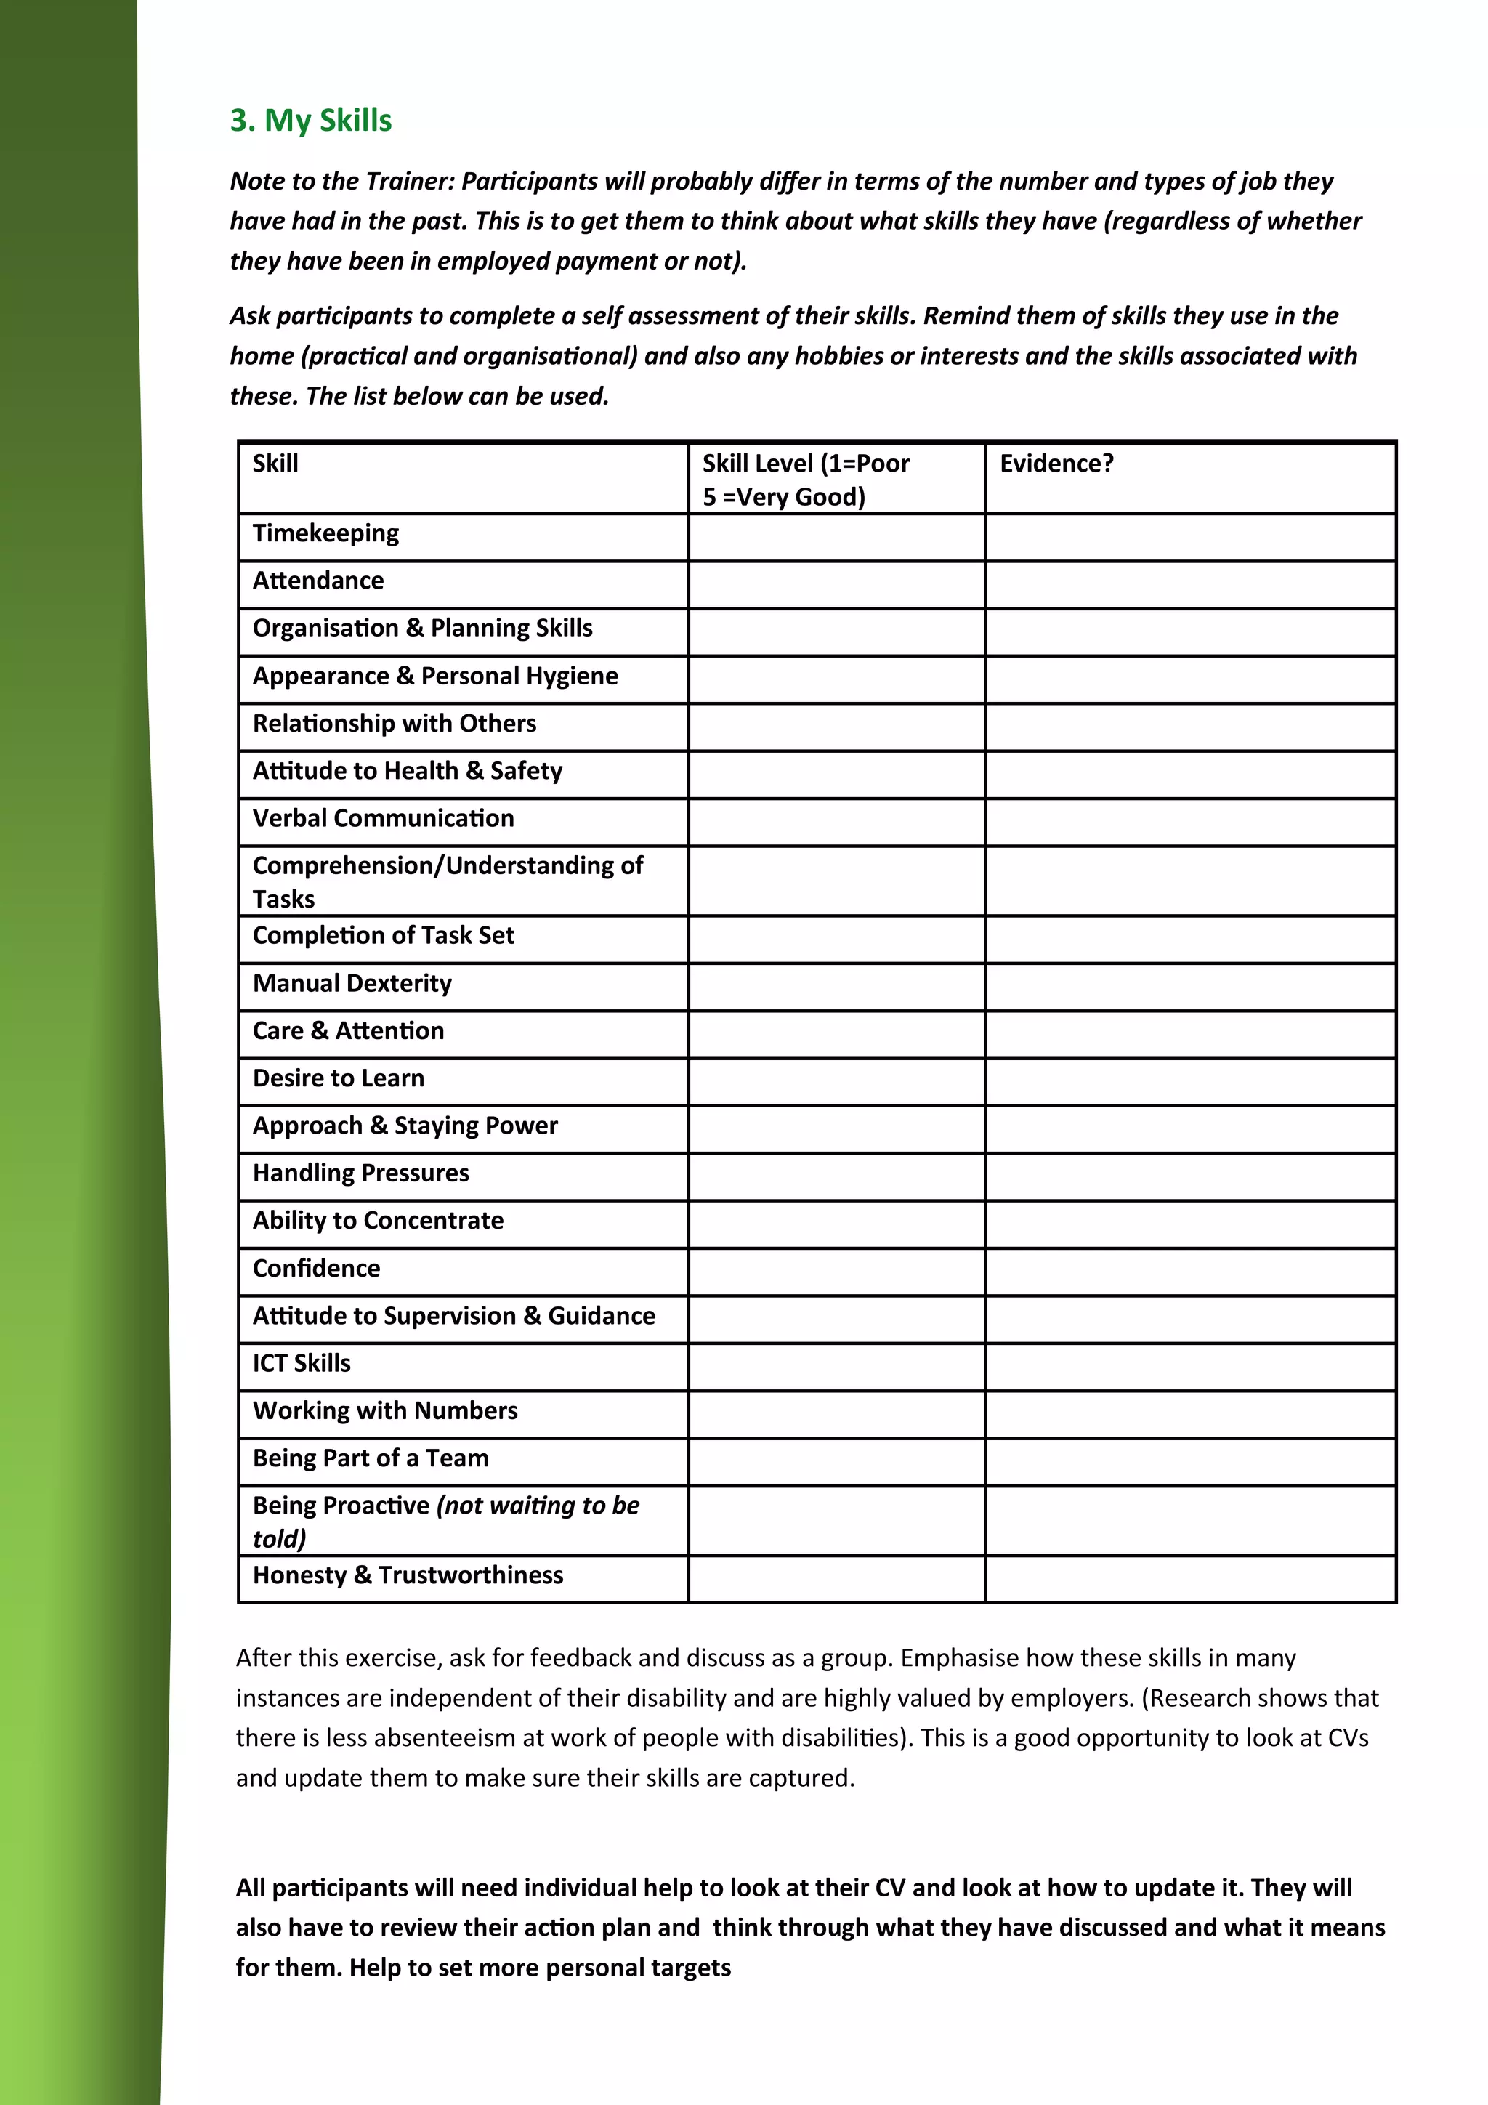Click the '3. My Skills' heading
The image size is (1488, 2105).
point(311,120)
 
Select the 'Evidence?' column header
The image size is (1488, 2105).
point(1056,464)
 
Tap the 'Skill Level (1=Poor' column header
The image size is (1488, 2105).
point(805,464)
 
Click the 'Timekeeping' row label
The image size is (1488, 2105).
point(325,533)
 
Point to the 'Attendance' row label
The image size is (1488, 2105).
point(318,581)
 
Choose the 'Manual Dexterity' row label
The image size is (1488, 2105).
point(352,984)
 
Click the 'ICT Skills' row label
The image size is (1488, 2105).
point(302,1363)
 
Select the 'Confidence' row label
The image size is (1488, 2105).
point(316,1269)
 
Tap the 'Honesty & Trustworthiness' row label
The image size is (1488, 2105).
point(408,1575)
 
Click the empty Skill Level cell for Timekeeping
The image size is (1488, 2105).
point(836,538)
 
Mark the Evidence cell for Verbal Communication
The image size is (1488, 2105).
point(1190,823)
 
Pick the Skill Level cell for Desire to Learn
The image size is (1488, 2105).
point(836,1083)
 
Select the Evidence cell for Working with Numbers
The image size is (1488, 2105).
point(1190,1415)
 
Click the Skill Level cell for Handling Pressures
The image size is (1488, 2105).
point(836,1177)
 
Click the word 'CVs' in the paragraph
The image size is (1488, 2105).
point(1347,1738)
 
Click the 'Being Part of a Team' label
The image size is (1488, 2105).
point(371,1458)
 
